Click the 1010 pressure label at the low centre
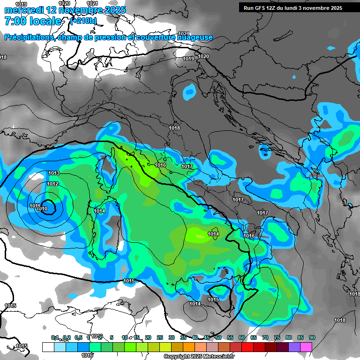coord(43,209)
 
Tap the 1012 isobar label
coord(52,184)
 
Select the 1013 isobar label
coord(54,173)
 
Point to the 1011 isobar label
coord(34,206)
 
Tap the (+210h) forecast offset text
coord(83,21)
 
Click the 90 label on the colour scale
coord(312,337)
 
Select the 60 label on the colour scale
coord(242,337)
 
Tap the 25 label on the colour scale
coord(160,337)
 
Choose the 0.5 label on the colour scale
coord(78,337)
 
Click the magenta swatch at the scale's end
coord(306,347)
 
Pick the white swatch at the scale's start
coord(48,347)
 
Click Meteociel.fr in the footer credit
coord(220,357)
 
